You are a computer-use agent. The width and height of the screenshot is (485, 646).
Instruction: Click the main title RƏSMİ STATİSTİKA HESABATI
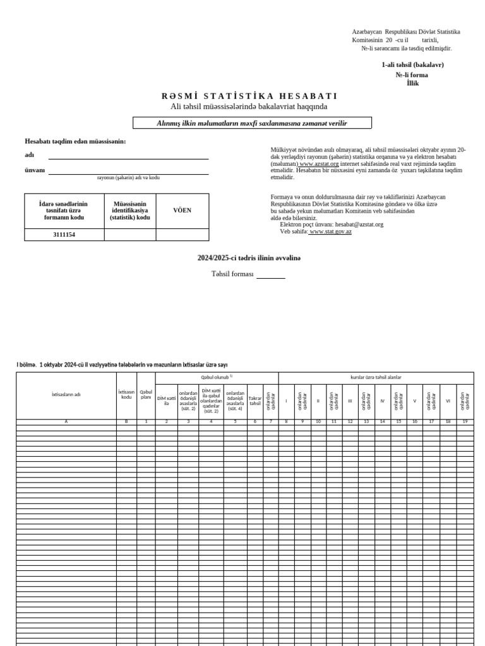click(x=249, y=96)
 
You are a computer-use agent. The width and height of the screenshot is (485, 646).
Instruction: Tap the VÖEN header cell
click(x=182, y=211)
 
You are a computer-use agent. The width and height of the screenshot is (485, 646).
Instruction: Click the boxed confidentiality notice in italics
click(x=252, y=123)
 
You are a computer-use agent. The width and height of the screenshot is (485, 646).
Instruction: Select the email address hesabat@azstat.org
click(x=359, y=225)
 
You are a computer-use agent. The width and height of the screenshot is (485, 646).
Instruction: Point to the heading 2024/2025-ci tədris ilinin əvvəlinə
click(x=249, y=258)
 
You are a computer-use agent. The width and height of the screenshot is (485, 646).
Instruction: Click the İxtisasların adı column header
click(x=66, y=395)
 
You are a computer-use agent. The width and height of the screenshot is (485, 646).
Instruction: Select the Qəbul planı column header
click(x=146, y=395)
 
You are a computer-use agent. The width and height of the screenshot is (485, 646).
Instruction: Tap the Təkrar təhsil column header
click(x=255, y=401)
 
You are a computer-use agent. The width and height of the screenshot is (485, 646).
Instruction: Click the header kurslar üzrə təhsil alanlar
click(x=376, y=377)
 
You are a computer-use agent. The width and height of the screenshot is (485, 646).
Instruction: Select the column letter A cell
click(x=66, y=421)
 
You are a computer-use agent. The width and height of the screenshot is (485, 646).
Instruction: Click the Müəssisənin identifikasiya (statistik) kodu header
click(x=130, y=211)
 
